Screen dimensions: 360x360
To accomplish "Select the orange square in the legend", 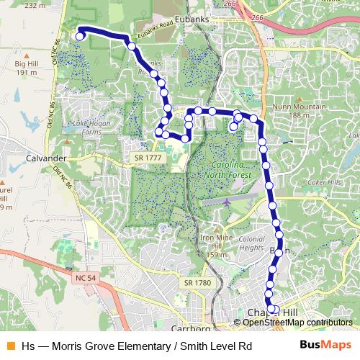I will coord(9,346).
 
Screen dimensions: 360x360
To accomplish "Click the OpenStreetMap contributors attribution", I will coord(297,322).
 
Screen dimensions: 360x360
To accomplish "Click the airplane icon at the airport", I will coord(227,202).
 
